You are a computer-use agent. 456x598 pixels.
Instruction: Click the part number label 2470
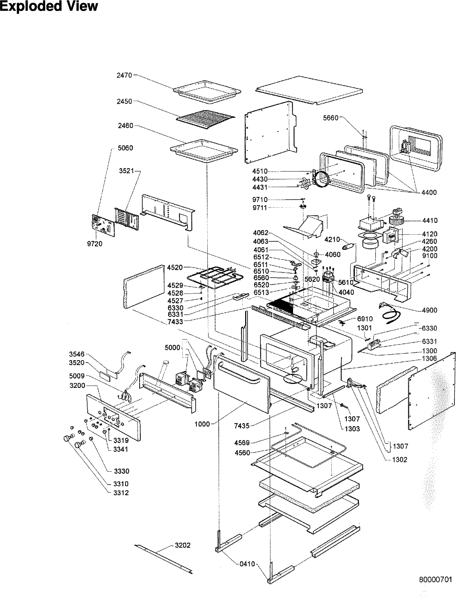[x=125, y=75]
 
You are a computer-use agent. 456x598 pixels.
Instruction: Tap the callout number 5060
[x=125, y=148]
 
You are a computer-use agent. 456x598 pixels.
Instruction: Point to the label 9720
[x=95, y=244]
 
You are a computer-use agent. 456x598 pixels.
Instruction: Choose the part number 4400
[x=429, y=192]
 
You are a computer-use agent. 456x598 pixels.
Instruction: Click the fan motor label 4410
[x=429, y=220]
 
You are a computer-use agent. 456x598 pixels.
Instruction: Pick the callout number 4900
[x=429, y=310]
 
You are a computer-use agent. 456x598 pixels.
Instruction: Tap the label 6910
[x=365, y=318]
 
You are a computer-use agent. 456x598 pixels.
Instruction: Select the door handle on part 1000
[x=239, y=373]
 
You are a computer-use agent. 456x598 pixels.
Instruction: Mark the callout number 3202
[x=182, y=545]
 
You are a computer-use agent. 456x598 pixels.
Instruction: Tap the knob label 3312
[x=121, y=493]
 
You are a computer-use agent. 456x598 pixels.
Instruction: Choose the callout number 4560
[x=242, y=453]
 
